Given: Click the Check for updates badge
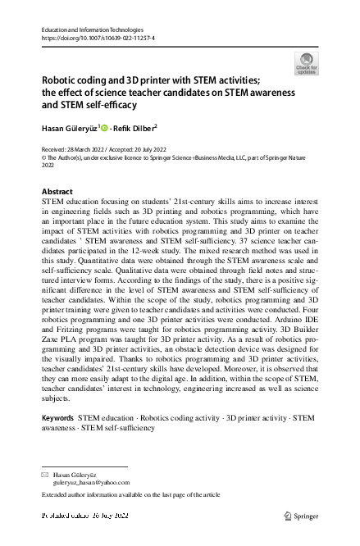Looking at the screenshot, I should pos(308,64).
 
